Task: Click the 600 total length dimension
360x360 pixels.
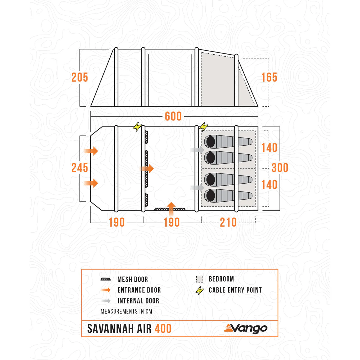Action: (x=173, y=116)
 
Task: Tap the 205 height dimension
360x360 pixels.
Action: (x=80, y=77)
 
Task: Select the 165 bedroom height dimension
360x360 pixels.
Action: (x=269, y=77)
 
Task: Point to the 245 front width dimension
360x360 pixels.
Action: (x=80, y=168)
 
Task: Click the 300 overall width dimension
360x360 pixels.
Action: (x=280, y=168)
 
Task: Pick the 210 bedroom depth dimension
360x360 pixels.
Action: (x=228, y=222)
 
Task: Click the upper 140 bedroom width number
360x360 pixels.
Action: (x=269, y=148)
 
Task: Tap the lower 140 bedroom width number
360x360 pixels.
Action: (x=269, y=185)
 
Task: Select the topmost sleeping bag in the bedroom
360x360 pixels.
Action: (x=228, y=142)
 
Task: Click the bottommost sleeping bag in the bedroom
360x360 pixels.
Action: (x=228, y=195)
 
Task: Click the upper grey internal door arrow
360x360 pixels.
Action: (x=197, y=150)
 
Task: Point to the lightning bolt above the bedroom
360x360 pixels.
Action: (x=203, y=127)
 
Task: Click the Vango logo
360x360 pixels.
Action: (x=246, y=328)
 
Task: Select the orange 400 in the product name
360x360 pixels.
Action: (x=163, y=328)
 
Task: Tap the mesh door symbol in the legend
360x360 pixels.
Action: (x=105, y=279)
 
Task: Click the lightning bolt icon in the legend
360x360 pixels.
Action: (x=199, y=290)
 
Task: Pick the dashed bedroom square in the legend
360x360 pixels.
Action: (x=199, y=279)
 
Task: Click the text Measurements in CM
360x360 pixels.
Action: (x=126, y=311)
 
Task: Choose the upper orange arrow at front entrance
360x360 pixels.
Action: (x=91, y=151)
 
